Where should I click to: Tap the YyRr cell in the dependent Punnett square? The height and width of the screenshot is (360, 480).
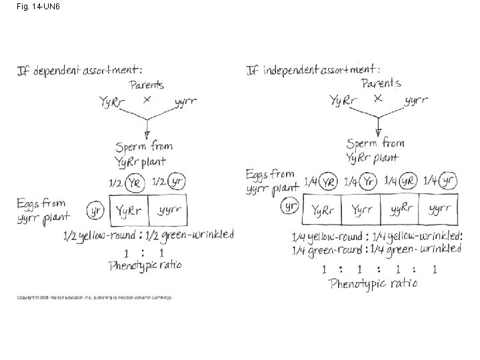pos(129,211)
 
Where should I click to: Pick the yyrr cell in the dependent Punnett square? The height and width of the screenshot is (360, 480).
pos(168,211)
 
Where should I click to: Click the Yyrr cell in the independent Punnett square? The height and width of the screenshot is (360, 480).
pos(361,210)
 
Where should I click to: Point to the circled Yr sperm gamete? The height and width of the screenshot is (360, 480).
pos(369,181)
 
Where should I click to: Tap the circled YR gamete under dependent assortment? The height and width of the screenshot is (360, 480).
pos(135,181)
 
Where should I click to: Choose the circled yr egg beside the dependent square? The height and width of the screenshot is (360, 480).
pos(95,211)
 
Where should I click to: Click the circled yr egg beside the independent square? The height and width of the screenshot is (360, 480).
pos(289,207)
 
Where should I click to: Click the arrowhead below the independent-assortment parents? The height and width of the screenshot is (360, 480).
pos(378,131)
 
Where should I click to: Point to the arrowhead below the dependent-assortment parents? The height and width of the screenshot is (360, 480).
pos(147,133)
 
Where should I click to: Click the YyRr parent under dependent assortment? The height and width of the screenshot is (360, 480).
pos(114,102)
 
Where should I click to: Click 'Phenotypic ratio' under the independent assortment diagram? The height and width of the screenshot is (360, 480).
pos(373,283)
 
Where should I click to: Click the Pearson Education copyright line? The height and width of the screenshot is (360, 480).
pos(94,297)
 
